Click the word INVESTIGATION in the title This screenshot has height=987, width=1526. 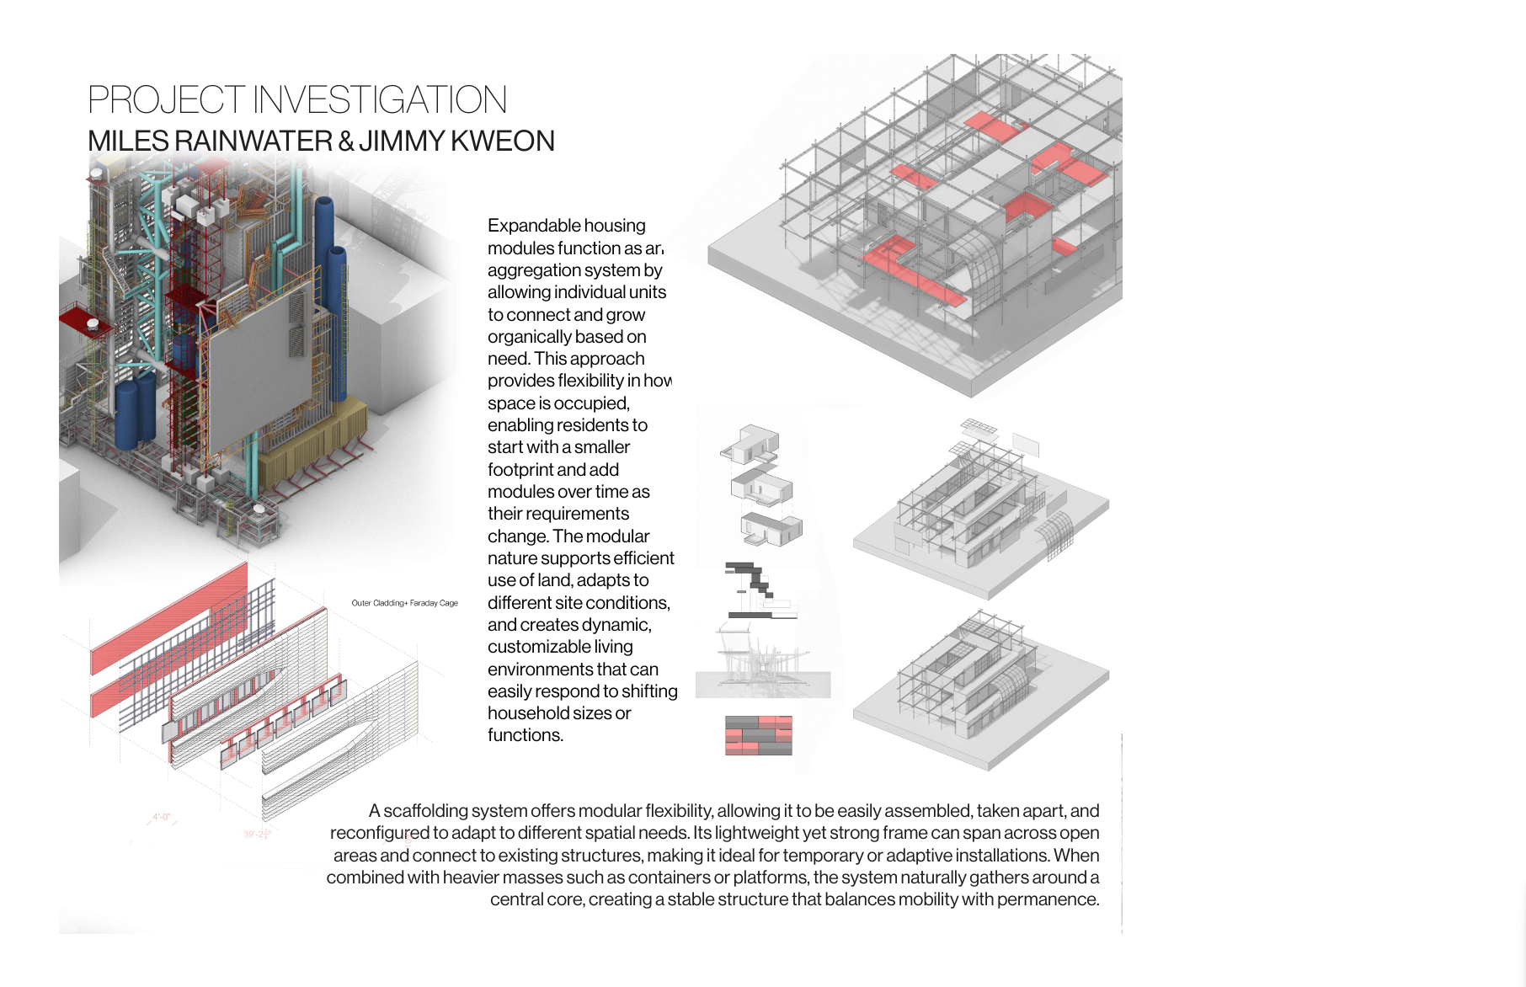coord(380,100)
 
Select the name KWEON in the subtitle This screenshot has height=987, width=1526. coord(503,141)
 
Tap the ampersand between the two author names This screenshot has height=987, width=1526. coord(345,141)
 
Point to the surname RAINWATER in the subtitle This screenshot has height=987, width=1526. coord(253,141)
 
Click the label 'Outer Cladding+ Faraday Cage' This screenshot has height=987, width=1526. coord(404,603)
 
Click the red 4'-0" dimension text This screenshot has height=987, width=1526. coord(161,817)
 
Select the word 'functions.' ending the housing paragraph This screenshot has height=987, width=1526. coord(525,735)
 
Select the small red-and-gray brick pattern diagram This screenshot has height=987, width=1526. coord(758,735)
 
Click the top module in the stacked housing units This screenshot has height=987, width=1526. coord(752,444)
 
